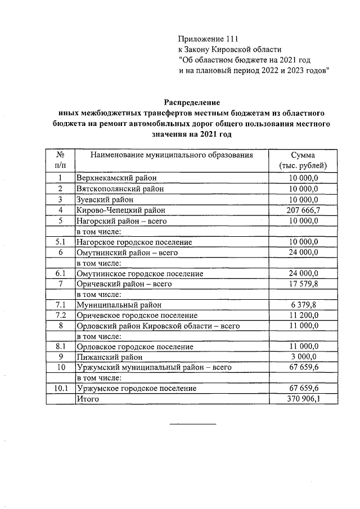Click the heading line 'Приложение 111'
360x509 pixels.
(x=209, y=39)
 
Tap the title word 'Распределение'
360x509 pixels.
(x=192, y=102)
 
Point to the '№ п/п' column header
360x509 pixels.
(x=59, y=160)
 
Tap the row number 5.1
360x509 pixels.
(x=60, y=242)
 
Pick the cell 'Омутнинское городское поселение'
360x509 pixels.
(x=139, y=273)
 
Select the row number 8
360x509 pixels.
(x=60, y=326)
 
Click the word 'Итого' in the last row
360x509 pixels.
(x=87, y=399)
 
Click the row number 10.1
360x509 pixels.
(x=60, y=389)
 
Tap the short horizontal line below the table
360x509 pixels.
(x=193, y=424)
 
